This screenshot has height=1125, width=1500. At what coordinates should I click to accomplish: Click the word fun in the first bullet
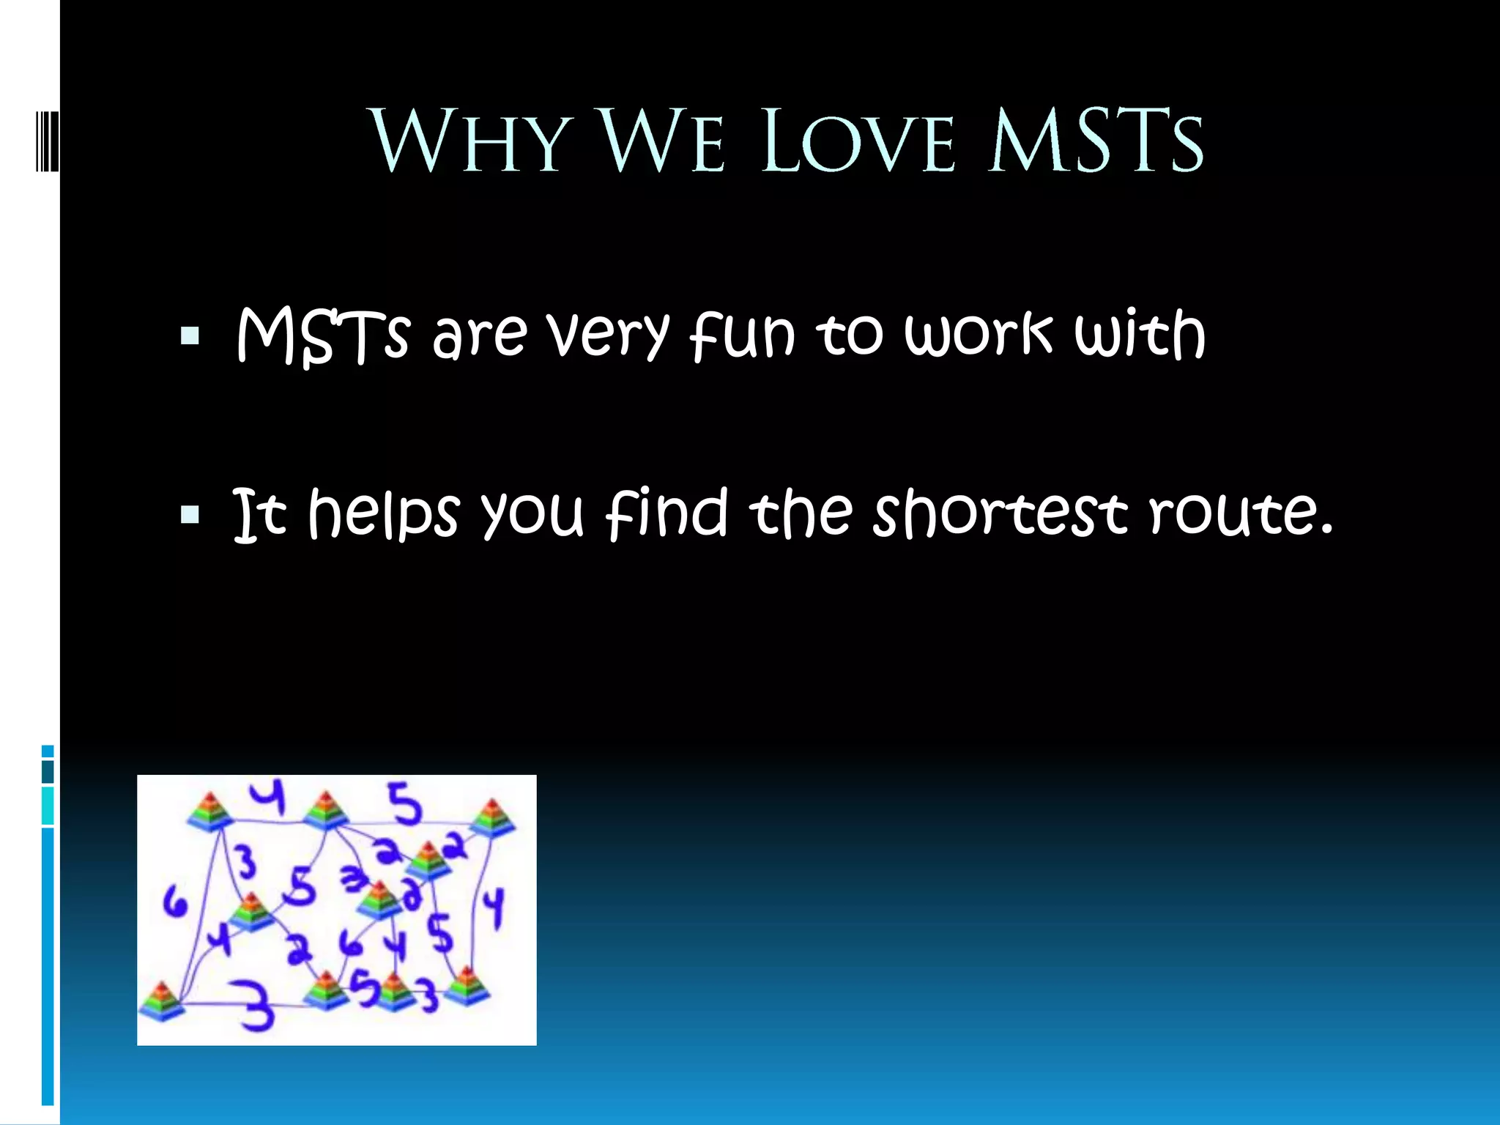742,336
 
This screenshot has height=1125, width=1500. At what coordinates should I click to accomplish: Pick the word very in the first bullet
609,336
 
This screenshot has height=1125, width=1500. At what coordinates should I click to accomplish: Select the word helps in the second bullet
384,513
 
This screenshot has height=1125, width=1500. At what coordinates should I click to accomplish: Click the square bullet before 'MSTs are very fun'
190,336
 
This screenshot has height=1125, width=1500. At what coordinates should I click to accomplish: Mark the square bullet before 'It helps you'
190,515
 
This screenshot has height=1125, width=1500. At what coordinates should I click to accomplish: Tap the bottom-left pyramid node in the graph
162,1000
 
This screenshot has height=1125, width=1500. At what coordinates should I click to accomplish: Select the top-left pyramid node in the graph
210,812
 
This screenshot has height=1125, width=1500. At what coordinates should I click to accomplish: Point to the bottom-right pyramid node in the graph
464,986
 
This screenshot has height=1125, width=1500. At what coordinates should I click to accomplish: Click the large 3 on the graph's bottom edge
256,1006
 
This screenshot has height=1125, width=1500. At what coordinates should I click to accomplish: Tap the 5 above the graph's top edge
405,803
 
